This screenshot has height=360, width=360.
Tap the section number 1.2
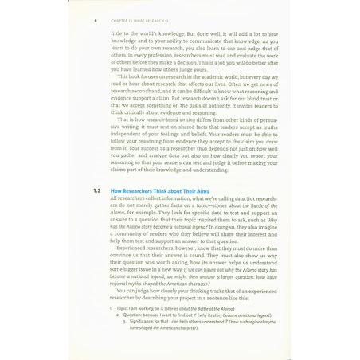point(96,191)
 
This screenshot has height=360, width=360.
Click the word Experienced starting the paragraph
point(135,248)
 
